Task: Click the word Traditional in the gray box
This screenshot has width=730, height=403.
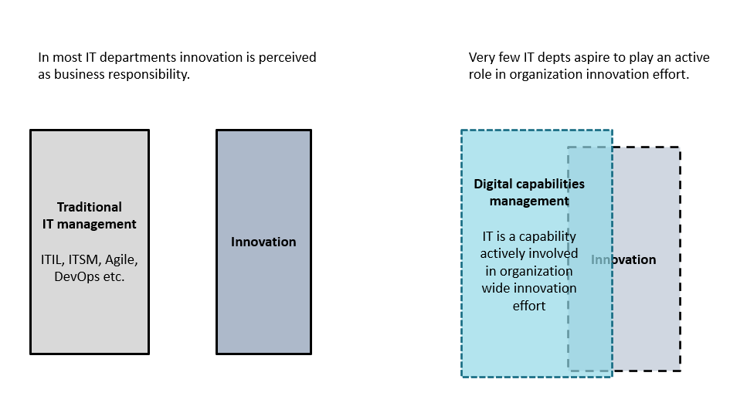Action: point(90,207)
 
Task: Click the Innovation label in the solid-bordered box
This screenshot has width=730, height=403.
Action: point(263,242)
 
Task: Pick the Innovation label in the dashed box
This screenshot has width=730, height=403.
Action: point(623,259)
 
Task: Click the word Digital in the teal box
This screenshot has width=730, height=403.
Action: point(493,185)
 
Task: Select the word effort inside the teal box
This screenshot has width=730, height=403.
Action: point(529,306)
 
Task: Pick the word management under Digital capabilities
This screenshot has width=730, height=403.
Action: point(529,201)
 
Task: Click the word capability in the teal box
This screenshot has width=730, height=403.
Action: point(548,237)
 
